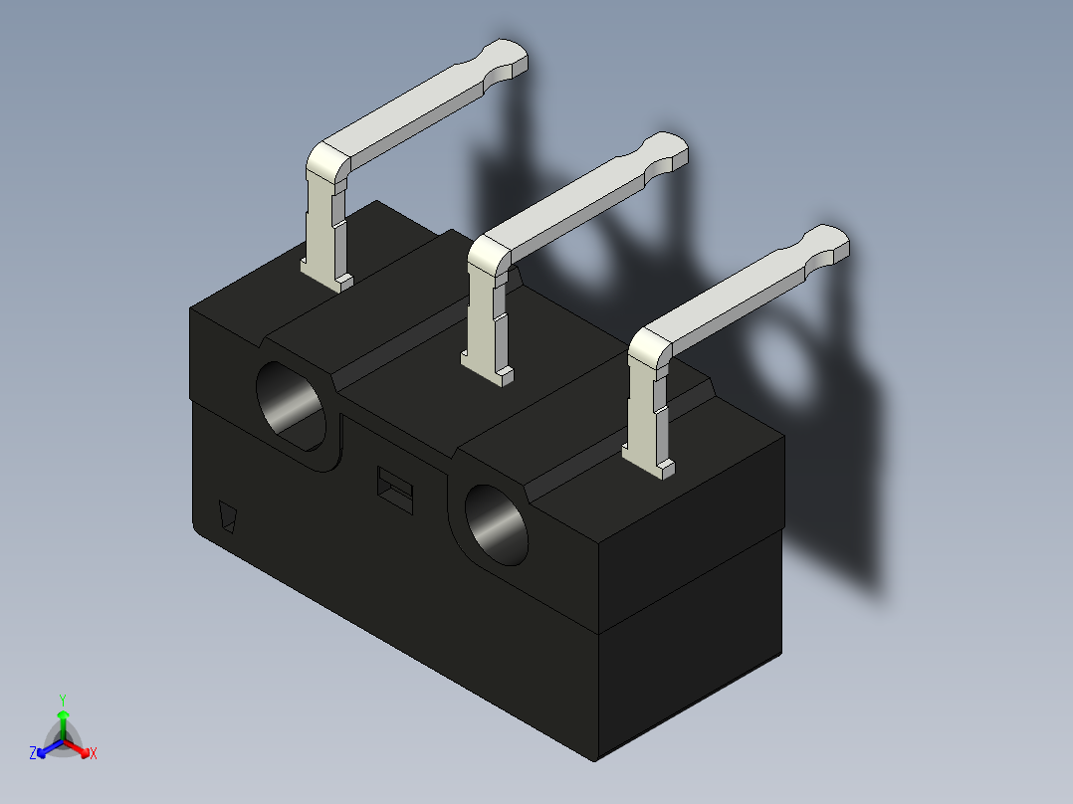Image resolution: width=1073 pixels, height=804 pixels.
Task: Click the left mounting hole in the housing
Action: pos(292,403)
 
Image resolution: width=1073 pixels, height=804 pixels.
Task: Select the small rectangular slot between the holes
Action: pos(395,488)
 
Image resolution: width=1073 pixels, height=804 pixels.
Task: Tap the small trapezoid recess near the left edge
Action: pos(229,517)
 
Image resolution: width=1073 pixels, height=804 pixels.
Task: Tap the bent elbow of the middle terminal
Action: pos(489,253)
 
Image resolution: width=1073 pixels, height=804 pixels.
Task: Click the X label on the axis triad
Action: pos(94,754)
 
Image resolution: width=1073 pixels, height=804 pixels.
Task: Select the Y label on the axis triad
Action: pos(62,699)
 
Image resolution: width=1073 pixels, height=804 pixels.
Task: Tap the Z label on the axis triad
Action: pos(33,754)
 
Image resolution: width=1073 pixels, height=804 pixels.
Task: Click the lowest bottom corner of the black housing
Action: pos(595,761)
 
